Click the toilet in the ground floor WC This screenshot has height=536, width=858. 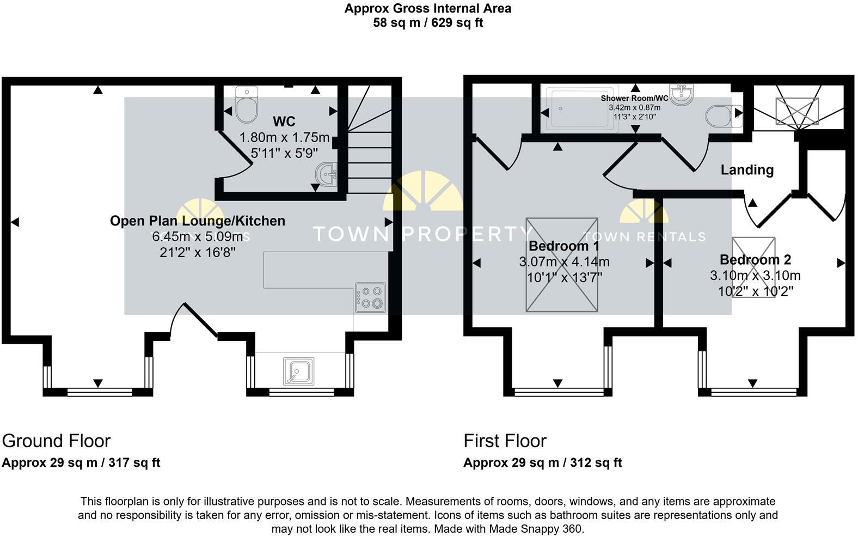pos(247,106)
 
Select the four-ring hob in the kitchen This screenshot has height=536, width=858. pos(370,297)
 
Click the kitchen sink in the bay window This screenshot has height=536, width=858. pos(298,371)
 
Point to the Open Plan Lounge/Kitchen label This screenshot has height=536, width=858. pos(198,221)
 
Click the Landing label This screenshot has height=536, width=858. pos(747,170)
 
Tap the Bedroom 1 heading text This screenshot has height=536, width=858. pos(564,246)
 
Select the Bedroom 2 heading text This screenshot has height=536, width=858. pos(755,260)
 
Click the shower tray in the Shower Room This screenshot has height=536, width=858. pos(580,108)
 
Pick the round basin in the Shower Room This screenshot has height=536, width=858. pos(682,95)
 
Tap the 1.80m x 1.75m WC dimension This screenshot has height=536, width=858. pos(285,137)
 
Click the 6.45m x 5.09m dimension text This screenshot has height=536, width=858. pos(198,236)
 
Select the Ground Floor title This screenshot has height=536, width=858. pos(56,441)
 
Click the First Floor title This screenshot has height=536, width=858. pos(505,441)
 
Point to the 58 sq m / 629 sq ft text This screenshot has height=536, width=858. pos(428,23)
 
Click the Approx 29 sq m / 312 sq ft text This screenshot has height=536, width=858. pos(542,463)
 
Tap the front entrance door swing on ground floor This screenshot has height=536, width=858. pos(193,321)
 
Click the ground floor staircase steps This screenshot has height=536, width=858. pos(370,158)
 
